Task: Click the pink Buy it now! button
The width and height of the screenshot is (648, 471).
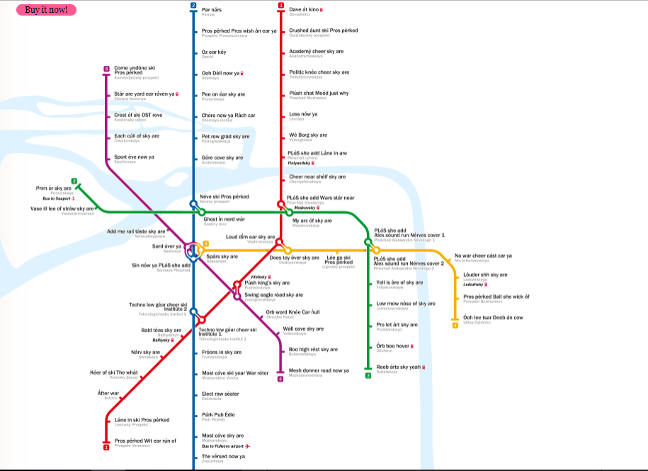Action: click(46, 10)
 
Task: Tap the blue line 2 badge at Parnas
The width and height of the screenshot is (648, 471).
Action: click(193, 6)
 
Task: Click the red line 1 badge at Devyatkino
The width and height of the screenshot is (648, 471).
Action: click(281, 6)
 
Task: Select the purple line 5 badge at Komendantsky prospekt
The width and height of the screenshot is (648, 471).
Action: click(106, 69)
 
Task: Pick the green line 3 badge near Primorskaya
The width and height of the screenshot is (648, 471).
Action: click(74, 181)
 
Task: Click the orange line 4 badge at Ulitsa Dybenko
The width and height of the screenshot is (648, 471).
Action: click(455, 326)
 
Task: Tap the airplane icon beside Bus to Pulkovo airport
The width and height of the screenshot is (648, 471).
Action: click(248, 446)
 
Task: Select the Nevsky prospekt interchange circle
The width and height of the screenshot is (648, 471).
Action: click(193, 204)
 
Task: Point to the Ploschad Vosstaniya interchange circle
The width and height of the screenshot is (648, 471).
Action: click(281, 205)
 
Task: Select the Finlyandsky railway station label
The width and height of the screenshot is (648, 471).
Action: click(302, 163)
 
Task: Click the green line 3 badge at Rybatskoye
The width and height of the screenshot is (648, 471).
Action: click(368, 375)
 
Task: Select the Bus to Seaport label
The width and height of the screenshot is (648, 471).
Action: click(57, 198)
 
